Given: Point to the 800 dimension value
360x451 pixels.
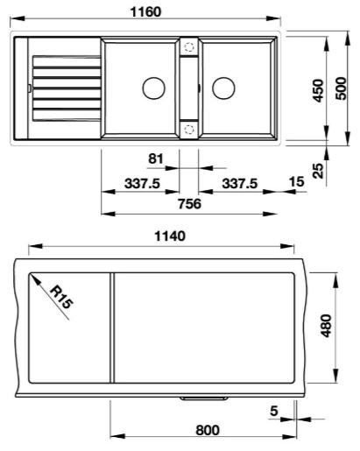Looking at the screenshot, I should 207,431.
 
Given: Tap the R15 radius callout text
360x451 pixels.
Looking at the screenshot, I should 61,301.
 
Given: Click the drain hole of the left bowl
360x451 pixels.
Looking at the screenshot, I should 153,87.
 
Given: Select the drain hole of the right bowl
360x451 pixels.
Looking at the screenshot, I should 222,87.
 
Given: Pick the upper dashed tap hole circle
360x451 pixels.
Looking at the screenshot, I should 188,50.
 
